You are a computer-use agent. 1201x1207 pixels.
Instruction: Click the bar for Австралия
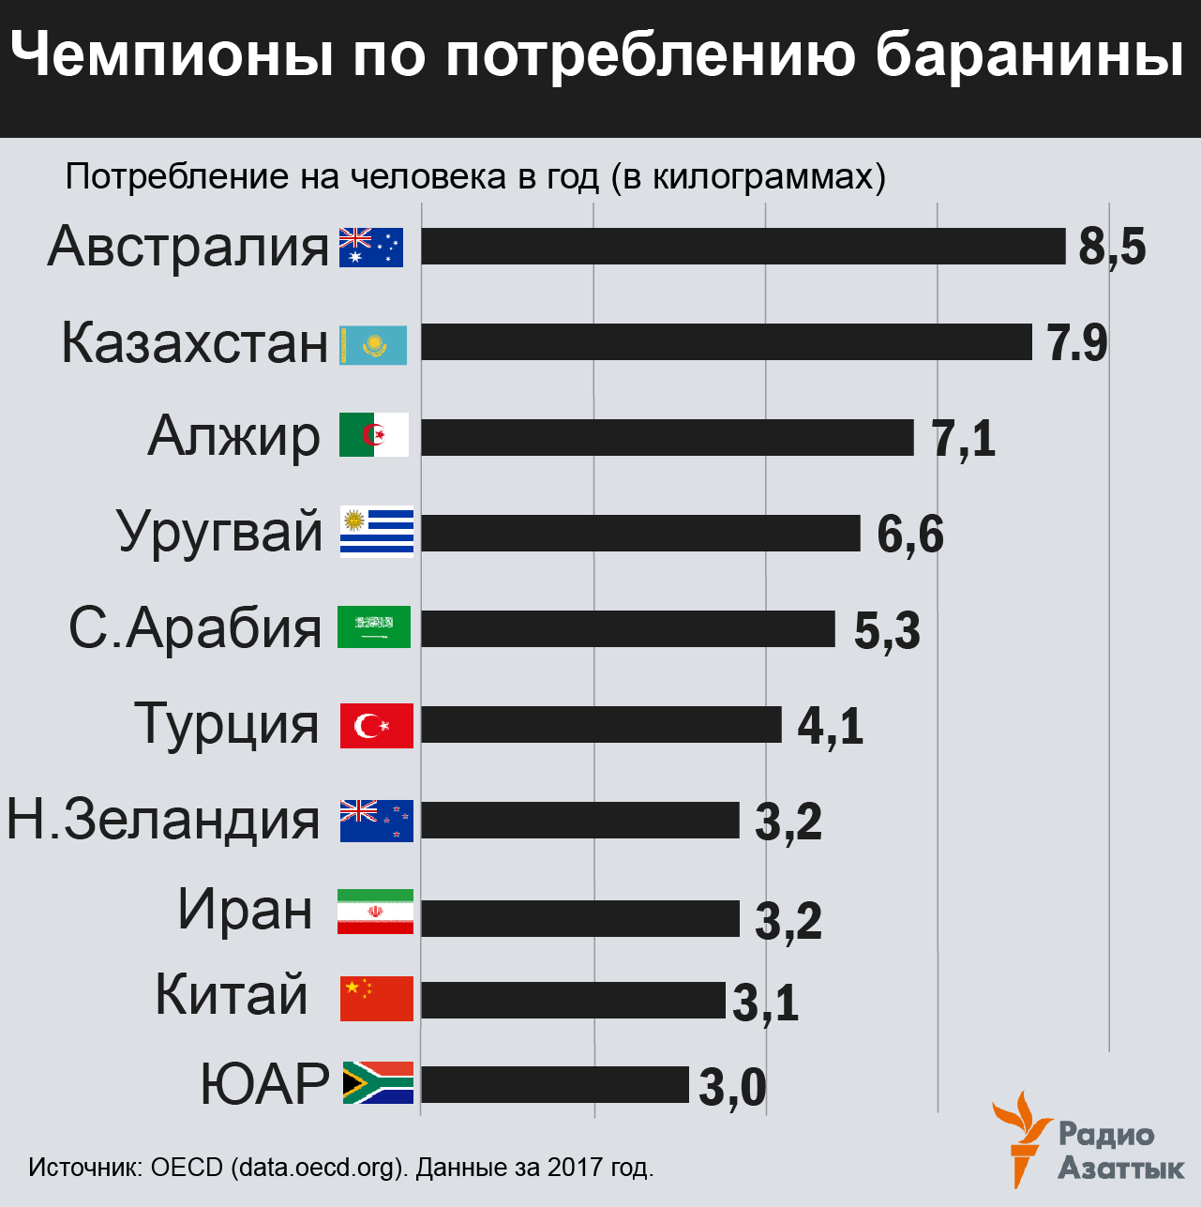[x=743, y=247]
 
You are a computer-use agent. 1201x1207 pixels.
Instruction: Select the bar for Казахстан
[x=727, y=342]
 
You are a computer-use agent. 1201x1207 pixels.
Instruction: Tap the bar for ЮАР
[x=554, y=1085]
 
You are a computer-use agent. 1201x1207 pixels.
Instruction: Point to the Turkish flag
[x=376, y=725]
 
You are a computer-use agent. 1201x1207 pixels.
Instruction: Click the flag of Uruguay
[x=376, y=533]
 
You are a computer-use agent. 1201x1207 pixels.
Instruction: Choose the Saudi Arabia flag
[x=374, y=627]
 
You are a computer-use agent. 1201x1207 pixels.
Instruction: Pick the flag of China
[x=376, y=998]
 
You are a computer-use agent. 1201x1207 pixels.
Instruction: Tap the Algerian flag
[x=374, y=435]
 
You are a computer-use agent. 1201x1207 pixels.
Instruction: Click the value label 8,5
[x=1112, y=248]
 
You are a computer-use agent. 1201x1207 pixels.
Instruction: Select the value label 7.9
[x=1077, y=343]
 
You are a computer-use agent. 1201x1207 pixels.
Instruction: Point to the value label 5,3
[x=887, y=630]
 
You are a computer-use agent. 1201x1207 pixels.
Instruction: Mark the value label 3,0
[x=732, y=1088]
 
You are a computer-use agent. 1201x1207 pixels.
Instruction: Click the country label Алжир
[x=234, y=436]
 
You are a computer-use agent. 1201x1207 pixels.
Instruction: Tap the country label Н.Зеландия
[x=164, y=819]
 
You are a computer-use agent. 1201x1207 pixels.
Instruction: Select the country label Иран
[x=246, y=909]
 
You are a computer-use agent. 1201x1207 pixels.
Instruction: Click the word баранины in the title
[x=1028, y=56]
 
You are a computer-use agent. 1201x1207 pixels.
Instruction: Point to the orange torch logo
[x=1022, y=1137]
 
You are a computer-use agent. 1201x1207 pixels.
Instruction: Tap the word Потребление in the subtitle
[x=176, y=176]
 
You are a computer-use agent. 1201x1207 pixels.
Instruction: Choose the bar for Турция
[x=601, y=725]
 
